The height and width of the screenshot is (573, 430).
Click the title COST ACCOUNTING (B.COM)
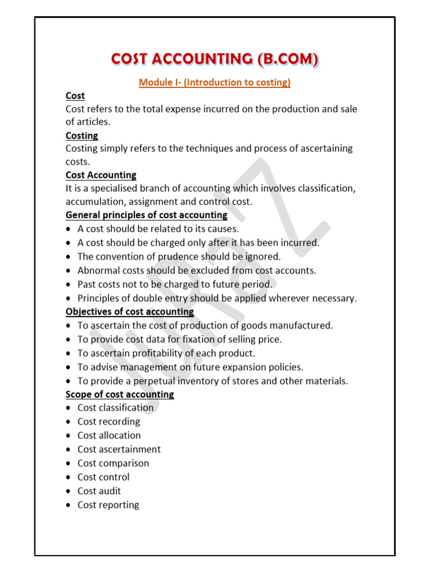coord(214,59)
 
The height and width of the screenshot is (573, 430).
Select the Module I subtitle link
coord(214,83)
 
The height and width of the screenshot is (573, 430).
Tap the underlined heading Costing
coord(82,135)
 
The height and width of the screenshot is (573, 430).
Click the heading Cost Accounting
coord(101,175)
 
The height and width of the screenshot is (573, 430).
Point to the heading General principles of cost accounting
coord(147,215)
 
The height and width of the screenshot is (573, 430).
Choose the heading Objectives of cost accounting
coord(130,311)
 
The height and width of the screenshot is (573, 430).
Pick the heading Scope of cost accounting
coord(120,394)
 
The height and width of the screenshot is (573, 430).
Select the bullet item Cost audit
coord(99,491)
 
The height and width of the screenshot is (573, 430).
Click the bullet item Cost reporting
coord(108,505)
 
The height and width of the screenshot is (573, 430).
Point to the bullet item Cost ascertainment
coord(119,449)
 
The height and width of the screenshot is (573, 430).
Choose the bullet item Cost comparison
coord(113,463)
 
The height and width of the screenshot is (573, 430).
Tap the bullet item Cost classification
coord(115,408)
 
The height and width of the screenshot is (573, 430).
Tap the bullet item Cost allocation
coord(109,435)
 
